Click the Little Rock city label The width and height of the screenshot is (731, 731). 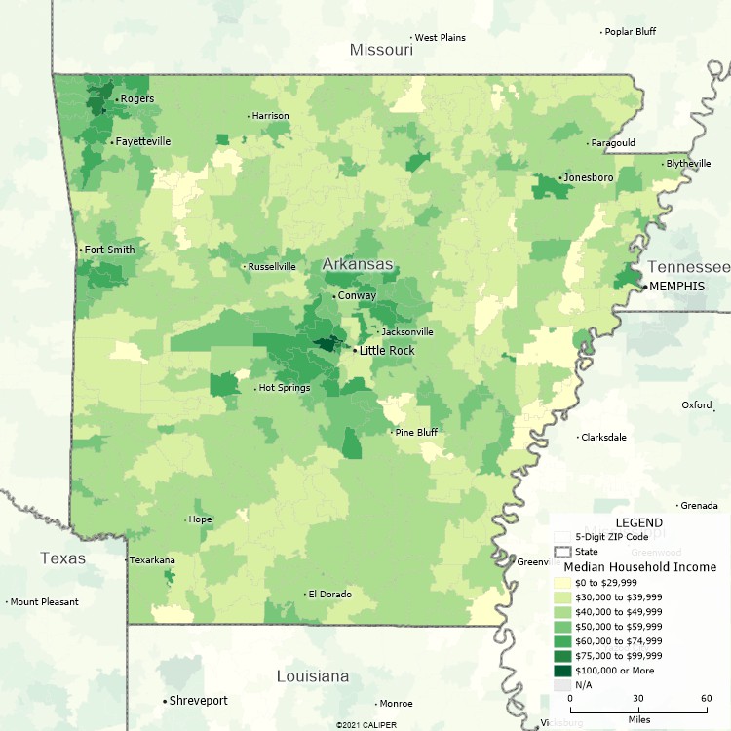coord(387,350)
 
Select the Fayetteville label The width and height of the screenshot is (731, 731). coord(142,141)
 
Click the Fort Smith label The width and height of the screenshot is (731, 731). coord(109,250)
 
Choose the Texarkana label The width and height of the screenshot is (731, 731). coord(153,560)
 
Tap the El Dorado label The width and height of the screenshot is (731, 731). coord(328,594)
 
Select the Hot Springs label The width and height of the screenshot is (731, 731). coord(285,388)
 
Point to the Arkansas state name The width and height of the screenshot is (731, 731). coord(358,264)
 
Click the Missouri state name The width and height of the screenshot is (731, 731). coord(382,49)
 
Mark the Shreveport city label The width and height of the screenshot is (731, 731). coord(198,701)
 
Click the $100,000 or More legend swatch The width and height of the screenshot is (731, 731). coord(561,671)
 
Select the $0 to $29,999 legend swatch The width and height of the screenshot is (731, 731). coord(561,582)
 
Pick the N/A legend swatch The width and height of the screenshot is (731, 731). coord(561,685)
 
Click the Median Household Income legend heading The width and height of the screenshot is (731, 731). coord(640,566)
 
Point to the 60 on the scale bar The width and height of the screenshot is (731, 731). coord(706,698)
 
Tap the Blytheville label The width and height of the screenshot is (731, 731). coord(688,164)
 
